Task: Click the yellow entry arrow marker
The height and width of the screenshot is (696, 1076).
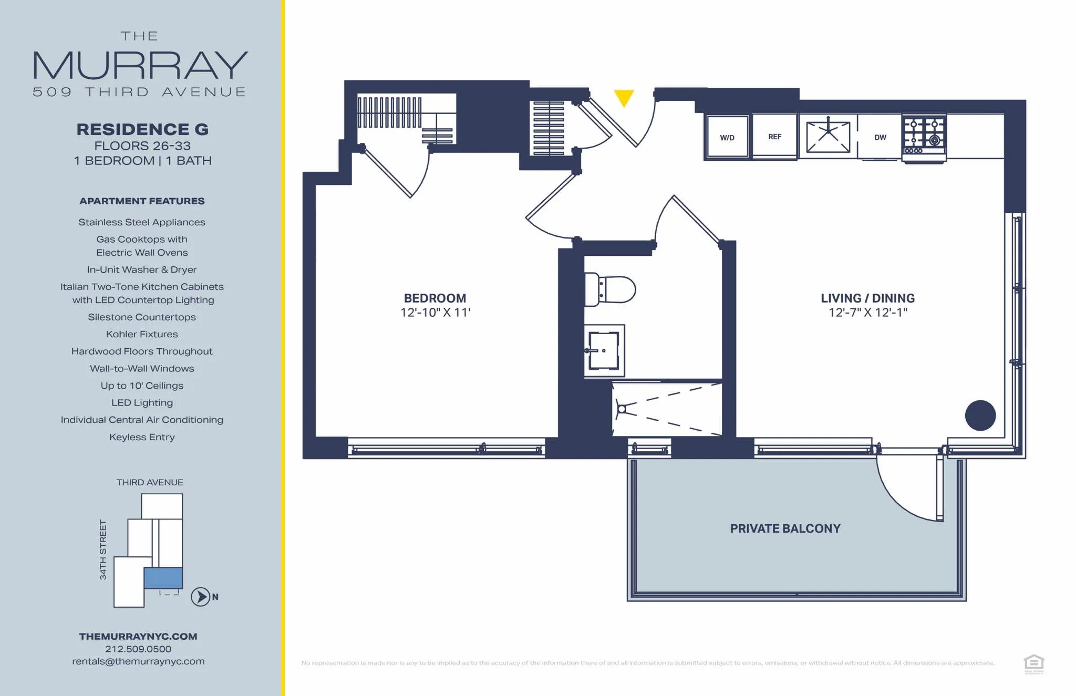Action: click(624, 97)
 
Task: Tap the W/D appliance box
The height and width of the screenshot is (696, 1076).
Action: click(727, 137)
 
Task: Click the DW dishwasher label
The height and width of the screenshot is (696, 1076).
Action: click(880, 138)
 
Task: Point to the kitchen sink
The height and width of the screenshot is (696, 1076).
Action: click(828, 137)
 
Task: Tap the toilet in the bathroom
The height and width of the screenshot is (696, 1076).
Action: click(609, 289)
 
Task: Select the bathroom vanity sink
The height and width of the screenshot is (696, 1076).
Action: click(604, 350)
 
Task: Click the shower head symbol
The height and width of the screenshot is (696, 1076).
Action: click(622, 409)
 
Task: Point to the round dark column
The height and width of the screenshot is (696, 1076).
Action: click(980, 415)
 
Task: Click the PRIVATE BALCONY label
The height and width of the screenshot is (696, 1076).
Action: click(785, 528)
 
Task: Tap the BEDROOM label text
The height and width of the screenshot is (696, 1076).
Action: click(434, 298)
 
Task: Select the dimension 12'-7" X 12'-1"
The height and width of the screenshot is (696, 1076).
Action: click(867, 313)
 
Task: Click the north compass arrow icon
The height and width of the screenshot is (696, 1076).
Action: click(200, 597)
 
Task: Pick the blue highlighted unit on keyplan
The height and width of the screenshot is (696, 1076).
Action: click(163, 578)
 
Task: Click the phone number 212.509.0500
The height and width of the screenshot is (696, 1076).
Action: click(138, 649)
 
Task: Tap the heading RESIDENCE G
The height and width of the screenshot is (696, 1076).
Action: click(142, 129)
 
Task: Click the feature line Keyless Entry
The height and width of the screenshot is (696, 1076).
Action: click(142, 437)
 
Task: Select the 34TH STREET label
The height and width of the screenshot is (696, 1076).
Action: click(103, 549)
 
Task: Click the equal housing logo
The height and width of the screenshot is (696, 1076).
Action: click(1033, 663)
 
